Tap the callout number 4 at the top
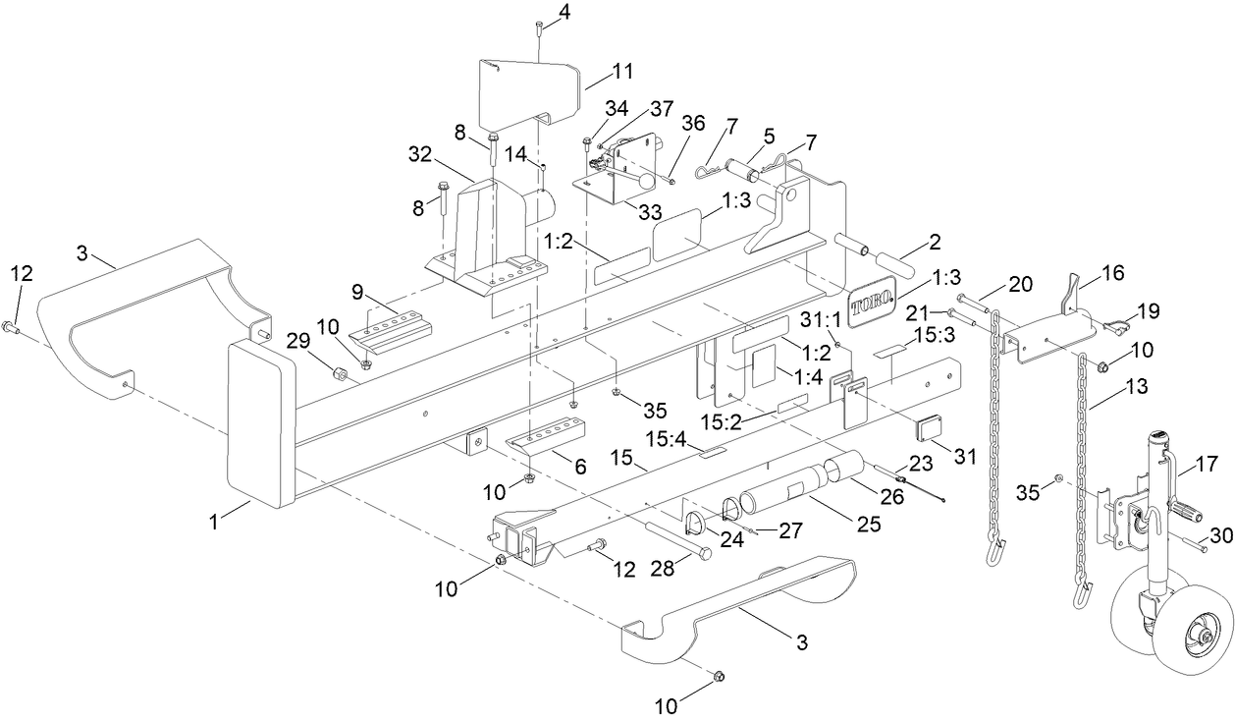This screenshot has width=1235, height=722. [x=563, y=12]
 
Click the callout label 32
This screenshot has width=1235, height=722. [x=420, y=154]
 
